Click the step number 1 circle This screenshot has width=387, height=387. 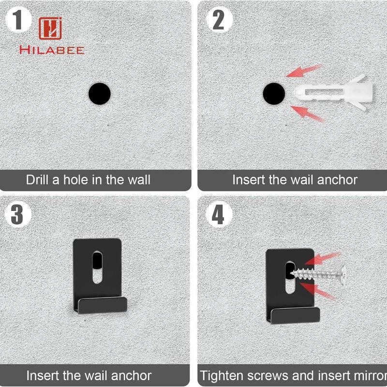pos(18,20)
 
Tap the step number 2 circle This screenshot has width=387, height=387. pos(220,20)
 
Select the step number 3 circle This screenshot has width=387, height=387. pos(18,214)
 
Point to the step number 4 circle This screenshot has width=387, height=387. pos(219,214)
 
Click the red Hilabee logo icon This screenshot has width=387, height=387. pos(50,29)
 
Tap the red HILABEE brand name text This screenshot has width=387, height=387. pos(52,50)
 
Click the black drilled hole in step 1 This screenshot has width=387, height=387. pos(100,94)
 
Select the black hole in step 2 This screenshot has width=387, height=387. pos(274,94)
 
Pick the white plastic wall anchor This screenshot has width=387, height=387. pos(334,93)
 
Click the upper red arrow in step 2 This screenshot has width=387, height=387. pos(304,71)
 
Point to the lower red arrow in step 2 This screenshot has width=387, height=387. pos(307,114)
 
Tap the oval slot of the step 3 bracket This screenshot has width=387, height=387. pos(98,267)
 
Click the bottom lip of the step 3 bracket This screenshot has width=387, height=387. pos(103,305)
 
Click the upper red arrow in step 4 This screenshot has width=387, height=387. pos(322,258)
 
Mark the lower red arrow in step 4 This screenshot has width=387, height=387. pos(318,291)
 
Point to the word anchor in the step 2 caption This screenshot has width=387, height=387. pos(337,179)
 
